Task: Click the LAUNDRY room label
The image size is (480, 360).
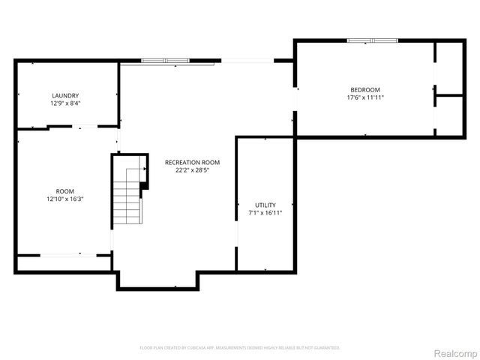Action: click(x=65, y=95)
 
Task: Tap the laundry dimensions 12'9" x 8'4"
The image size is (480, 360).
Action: click(x=65, y=103)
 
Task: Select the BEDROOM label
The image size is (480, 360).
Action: click(x=365, y=89)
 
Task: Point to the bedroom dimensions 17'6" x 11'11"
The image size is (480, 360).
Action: click(x=365, y=97)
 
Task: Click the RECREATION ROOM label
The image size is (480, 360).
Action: click(x=192, y=162)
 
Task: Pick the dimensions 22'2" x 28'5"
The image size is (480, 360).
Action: click(x=192, y=170)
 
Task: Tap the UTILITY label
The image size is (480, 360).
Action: click(x=265, y=205)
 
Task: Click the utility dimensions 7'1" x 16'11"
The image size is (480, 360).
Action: click(x=265, y=213)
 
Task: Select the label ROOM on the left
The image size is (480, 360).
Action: click(x=65, y=191)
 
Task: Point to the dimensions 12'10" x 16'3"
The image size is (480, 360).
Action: click(x=65, y=199)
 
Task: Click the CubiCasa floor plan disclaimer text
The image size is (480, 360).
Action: click(x=240, y=348)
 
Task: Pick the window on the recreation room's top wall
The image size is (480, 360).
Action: click(x=165, y=60)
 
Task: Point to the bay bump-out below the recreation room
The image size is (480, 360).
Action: click(x=157, y=279)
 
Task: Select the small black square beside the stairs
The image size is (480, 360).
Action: click(x=144, y=185)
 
